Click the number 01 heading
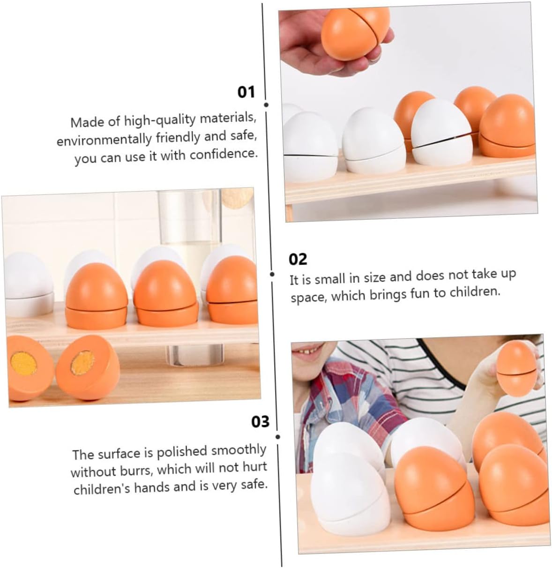[246, 92]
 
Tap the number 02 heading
[298, 259]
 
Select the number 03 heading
[260, 422]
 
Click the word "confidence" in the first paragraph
[224, 154]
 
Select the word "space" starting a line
[309, 298]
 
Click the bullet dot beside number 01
[266, 105]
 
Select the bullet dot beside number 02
[272, 274]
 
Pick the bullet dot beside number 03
[277, 437]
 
